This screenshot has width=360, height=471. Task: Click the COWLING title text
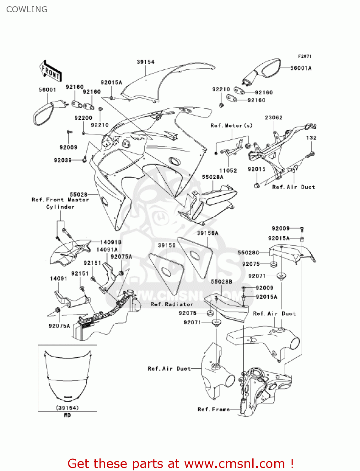(27, 9)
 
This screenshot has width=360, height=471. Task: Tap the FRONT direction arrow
(51, 71)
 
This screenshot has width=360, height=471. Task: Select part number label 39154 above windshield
(146, 62)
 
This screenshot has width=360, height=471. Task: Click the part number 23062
(274, 117)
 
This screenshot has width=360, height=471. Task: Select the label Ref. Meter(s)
(231, 126)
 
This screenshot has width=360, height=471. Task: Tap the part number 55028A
(213, 177)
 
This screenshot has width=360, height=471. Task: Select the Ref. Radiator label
(172, 304)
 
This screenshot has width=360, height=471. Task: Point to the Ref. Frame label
(214, 409)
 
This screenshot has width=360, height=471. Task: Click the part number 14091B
(111, 242)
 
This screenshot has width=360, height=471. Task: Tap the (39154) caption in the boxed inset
(67, 408)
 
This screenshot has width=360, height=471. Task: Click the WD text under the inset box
(67, 415)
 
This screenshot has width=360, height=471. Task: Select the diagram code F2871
(304, 56)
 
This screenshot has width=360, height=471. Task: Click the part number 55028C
(248, 252)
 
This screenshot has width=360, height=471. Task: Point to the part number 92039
(63, 160)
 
